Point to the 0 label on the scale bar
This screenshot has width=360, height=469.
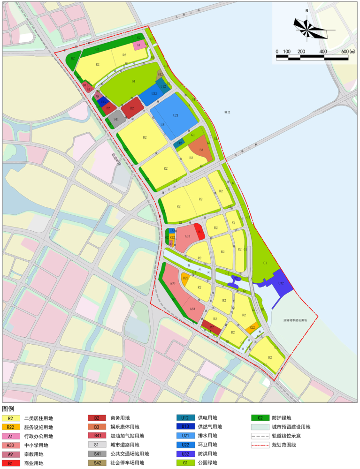click(x=277, y=51)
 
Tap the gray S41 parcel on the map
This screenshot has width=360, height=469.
click(x=116, y=120)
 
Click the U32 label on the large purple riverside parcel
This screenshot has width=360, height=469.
click(x=281, y=283)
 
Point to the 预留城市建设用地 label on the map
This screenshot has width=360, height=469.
click(x=294, y=320)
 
